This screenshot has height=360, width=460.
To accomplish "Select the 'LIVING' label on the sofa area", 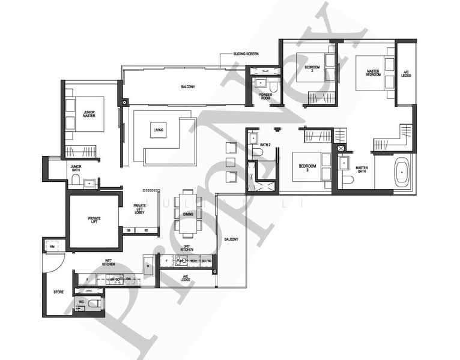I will coord(159,130).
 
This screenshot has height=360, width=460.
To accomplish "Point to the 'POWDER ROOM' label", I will coord(265,95).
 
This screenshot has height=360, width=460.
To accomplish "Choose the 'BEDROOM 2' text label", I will coord(312,69).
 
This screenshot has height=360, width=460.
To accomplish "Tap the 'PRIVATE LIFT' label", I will coord(95,220).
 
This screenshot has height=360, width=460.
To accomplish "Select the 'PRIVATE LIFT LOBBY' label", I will coord(139,209).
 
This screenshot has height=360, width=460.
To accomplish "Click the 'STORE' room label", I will coord(58,293).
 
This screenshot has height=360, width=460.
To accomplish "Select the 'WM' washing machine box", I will coord(52,246).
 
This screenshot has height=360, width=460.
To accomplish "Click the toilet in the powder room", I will coord(273,88).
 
